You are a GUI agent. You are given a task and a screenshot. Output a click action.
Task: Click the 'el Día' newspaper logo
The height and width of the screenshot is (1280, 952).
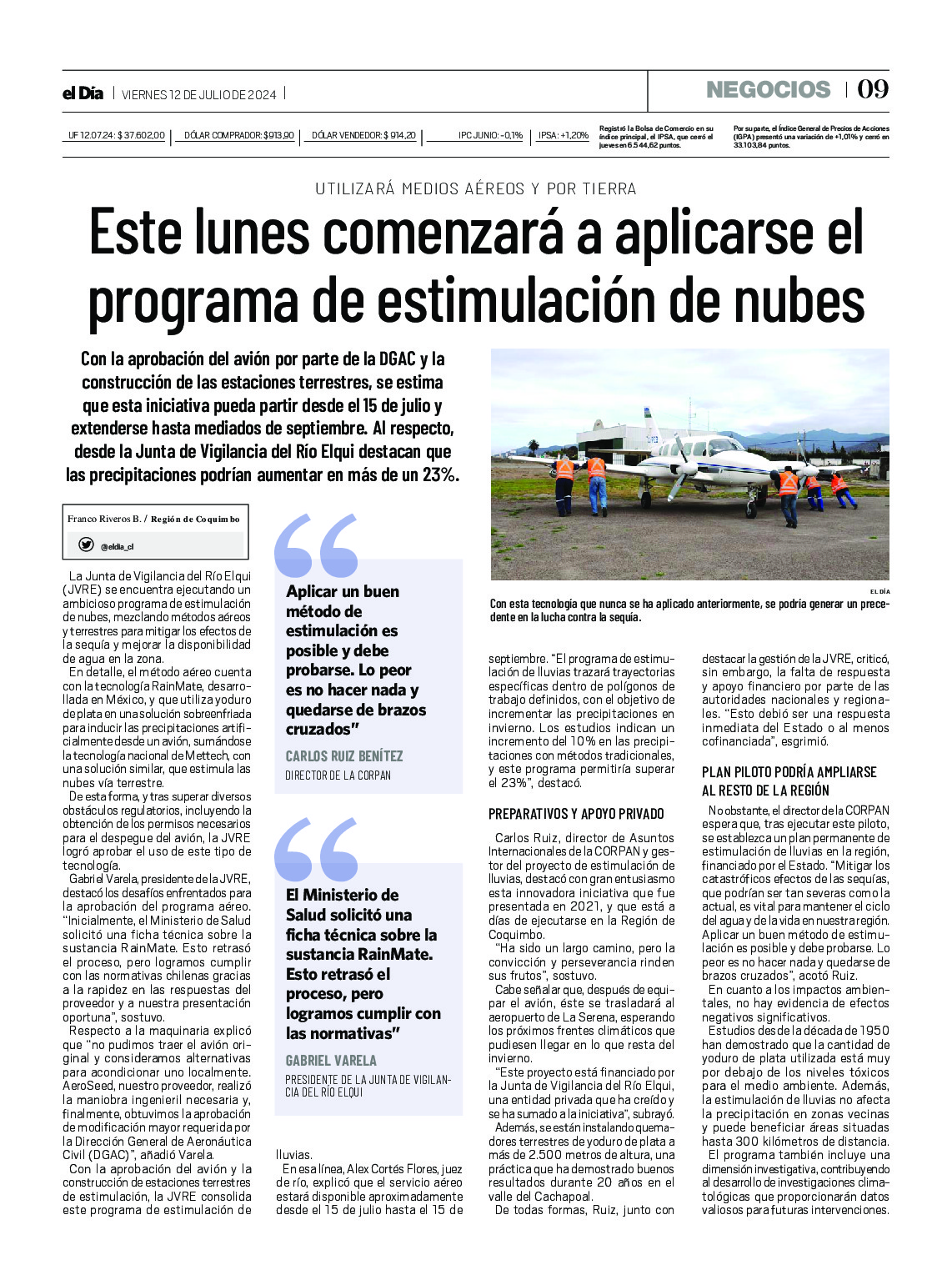83,93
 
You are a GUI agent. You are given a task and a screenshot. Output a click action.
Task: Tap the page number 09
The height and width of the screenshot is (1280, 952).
873,89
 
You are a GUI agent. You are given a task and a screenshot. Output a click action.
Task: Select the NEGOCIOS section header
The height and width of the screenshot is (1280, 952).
768,89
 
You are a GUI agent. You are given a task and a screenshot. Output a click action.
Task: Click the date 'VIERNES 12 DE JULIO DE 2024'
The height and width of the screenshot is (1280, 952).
199,94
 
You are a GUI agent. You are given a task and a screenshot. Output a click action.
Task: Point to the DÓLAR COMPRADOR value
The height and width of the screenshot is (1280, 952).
238,135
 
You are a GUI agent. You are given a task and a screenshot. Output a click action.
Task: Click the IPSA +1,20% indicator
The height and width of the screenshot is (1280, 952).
563,135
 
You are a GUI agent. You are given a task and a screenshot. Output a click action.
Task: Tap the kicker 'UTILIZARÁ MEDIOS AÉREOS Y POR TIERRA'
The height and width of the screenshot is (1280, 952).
476,189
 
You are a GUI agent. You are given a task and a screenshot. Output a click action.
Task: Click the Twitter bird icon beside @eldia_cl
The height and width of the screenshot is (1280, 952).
86,545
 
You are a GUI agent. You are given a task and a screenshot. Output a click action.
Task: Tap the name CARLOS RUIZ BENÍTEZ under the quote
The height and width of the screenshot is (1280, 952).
343,756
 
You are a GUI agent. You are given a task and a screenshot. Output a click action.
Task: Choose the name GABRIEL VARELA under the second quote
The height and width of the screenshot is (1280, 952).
331,1061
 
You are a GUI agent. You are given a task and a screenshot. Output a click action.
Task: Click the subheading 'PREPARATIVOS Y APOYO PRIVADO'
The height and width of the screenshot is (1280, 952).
576,814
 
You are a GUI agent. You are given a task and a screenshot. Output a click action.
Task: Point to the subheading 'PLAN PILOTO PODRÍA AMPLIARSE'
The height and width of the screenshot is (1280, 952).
789,772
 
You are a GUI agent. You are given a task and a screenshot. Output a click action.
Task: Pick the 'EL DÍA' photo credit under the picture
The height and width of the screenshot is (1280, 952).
879,591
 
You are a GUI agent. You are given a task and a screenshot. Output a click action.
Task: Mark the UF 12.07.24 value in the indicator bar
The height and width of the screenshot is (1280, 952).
117,135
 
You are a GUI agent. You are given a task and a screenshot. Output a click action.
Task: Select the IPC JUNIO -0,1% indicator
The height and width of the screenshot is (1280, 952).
490,135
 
